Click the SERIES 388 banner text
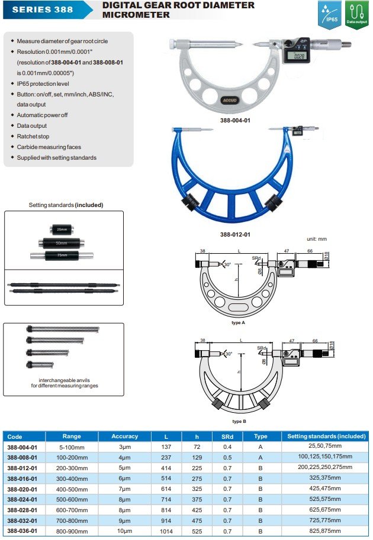pyautogui.click(x=42, y=9)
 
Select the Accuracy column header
pyautogui.click(x=124, y=436)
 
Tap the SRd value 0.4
pyautogui.click(x=227, y=447)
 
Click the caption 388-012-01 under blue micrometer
pyautogui.click(x=236, y=234)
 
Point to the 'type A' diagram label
pyautogui.click(x=238, y=323)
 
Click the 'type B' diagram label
pyautogui.click(x=238, y=421)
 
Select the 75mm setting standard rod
pyautogui.click(x=62, y=255)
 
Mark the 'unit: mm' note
pyautogui.click(x=317, y=239)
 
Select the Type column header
pyautogui.click(x=261, y=436)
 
